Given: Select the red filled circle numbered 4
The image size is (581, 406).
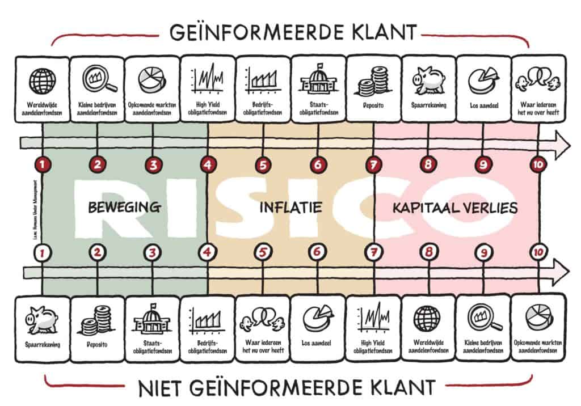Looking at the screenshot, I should pos(208,165).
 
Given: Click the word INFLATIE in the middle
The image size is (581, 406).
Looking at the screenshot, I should pos(290,208).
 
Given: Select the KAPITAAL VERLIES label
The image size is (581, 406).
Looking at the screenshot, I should pos(455,208).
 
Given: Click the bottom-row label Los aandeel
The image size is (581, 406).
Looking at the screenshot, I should pos(318,343).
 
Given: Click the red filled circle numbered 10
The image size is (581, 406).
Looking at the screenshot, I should pos(538,165).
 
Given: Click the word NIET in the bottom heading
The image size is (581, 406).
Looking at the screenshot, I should pos(161,388).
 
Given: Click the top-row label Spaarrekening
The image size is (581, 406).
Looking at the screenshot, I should pos(429,105).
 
